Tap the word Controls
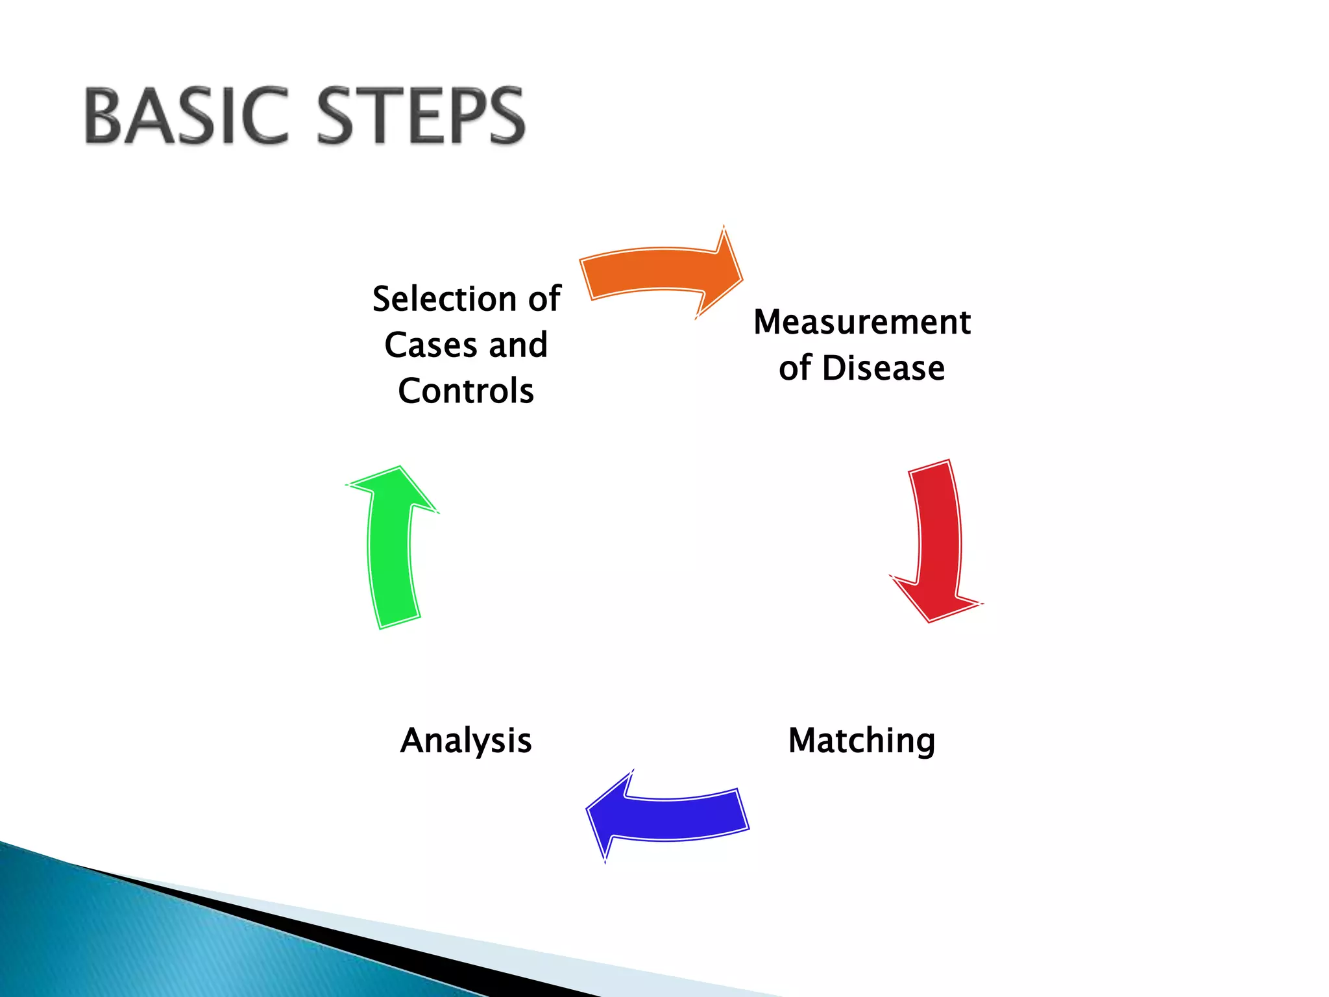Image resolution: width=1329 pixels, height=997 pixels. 466,391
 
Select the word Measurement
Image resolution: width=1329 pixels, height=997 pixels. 862,322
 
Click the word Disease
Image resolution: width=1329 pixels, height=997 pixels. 883,368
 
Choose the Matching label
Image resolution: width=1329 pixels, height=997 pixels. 862,741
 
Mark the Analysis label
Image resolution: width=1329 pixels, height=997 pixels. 466,741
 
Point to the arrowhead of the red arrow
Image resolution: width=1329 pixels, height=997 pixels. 934,604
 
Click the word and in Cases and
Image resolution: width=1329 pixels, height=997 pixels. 518,345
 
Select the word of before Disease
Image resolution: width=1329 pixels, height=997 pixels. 795,368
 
